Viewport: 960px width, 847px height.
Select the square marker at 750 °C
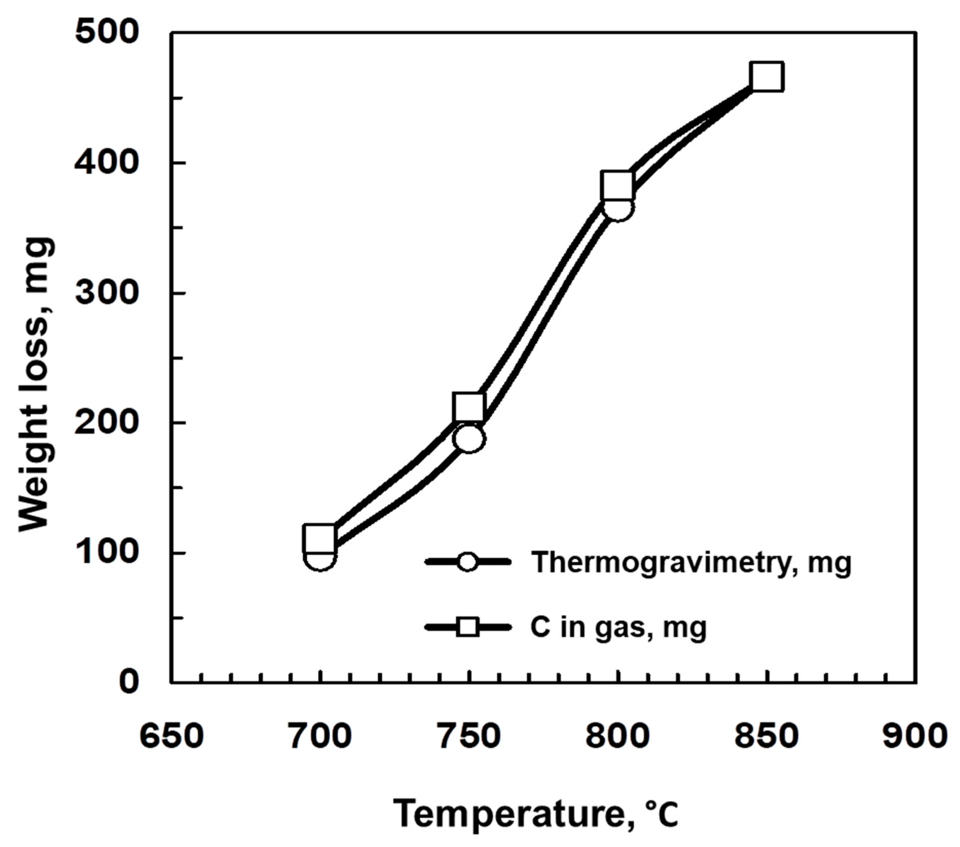click(x=469, y=407)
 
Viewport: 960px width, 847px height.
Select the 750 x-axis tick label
click(x=469, y=735)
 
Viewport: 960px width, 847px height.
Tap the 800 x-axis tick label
click(x=618, y=735)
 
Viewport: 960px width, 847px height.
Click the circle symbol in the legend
click(x=468, y=562)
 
